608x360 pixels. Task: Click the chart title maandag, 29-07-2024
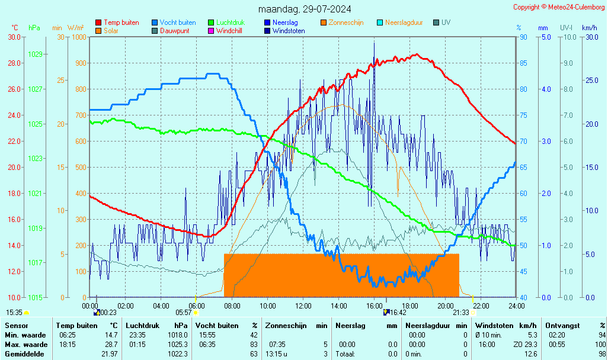pyautogui.click(x=305, y=9)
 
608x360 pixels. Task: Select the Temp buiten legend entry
pyautogui.click(x=121, y=22)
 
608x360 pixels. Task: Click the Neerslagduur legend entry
pyautogui.click(x=404, y=22)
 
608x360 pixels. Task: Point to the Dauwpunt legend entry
pyautogui.click(x=174, y=31)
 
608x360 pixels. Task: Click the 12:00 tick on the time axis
pyautogui.click(x=303, y=306)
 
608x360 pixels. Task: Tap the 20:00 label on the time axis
pyautogui.click(x=446, y=306)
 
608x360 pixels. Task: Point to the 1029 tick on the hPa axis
pyautogui.click(x=36, y=54)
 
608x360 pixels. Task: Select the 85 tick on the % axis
pyautogui.click(x=524, y=63)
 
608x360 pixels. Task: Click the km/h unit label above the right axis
pyautogui.click(x=589, y=28)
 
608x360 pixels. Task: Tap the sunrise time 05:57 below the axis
pyautogui.click(x=184, y=313)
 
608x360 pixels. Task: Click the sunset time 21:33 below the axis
pyautogui.click(x=461, y=313)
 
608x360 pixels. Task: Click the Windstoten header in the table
pyautogui.click(x=495, y=326)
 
